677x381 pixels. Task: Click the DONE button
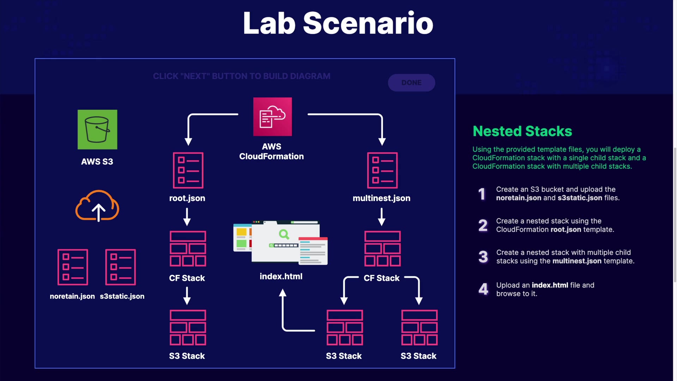[411, 83]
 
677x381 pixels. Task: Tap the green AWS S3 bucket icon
[97, 129]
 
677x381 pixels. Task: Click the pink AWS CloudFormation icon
[272, 117]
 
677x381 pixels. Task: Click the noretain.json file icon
[73, 267]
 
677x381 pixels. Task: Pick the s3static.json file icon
[121, 267]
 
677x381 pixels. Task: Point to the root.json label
[187, 198]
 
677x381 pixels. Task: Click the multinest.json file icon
[382, 170]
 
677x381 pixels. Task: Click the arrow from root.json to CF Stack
[187, 217]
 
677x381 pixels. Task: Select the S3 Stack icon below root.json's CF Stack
[188, 327]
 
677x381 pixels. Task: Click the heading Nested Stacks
[522, 131]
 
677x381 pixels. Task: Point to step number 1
[482, 194]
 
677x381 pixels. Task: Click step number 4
[483, 289]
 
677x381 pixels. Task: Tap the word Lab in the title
[269, 23]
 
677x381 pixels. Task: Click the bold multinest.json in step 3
[577, 261]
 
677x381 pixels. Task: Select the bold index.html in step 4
[550, 285]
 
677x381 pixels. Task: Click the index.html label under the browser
[281, 277]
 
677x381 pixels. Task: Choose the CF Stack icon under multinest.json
[382, 249]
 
